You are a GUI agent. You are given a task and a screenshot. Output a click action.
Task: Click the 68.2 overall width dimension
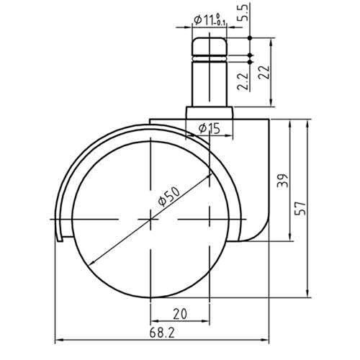pyautogui.click(x=162, y=333)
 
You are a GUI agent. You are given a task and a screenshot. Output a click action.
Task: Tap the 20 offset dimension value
pyautogui.click(x=180, y=314)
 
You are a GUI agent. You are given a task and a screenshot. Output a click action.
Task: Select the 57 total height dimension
pyautogui.click(x=301, y=208)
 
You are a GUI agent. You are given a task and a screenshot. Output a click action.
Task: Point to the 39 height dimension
pyautogui.click(x=282, y=181)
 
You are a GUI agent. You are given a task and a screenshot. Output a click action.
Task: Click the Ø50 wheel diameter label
pyautogui.click(x=169, y=197)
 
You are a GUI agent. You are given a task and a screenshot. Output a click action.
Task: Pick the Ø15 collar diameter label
pyautogui.click(x=210, y=128)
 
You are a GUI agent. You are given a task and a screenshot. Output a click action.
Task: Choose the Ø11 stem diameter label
pyautogui.click(x=209, y=19)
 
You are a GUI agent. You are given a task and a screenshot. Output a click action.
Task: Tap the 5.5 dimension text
pyautogui.click(x=244, y=12)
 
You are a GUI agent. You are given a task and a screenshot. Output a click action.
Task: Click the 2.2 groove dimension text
pyautogui.click(x=243, y=81)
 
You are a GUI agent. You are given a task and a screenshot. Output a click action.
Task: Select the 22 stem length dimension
pyautogui.click(x=264, y=72)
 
